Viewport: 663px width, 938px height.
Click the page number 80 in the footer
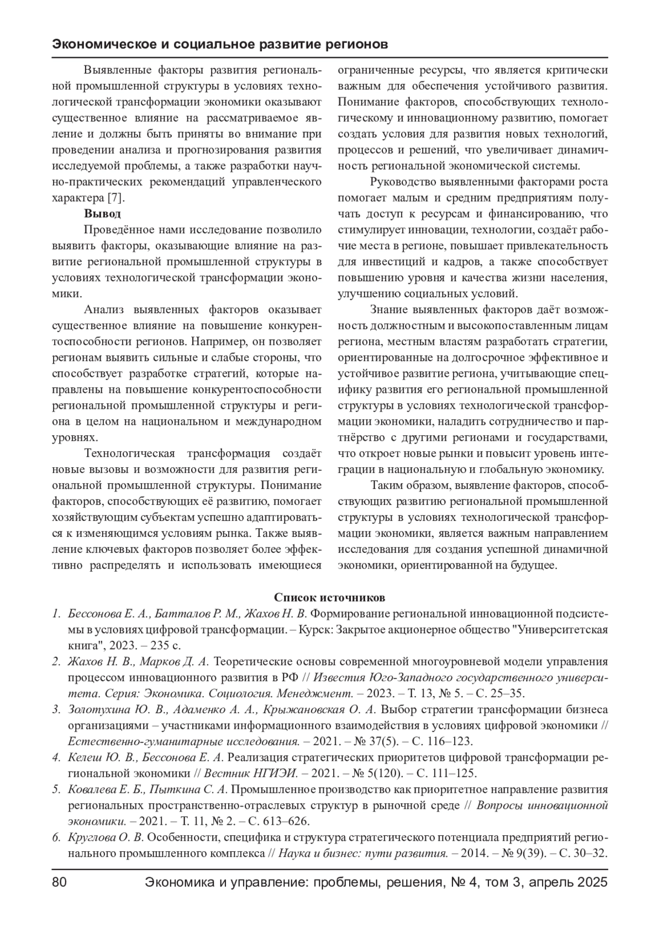tap(59, 882)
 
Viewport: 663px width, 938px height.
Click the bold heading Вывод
tap(102, 213)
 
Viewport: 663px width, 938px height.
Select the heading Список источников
tap(330, 597)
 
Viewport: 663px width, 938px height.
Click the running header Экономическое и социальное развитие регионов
tap(219, 44)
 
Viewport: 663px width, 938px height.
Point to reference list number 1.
tap(56, 613)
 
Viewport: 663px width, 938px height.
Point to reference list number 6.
tap(56, 837)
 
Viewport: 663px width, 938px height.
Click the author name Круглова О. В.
tap(106, 837)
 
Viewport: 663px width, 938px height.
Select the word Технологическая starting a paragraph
tap(129, 454)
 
